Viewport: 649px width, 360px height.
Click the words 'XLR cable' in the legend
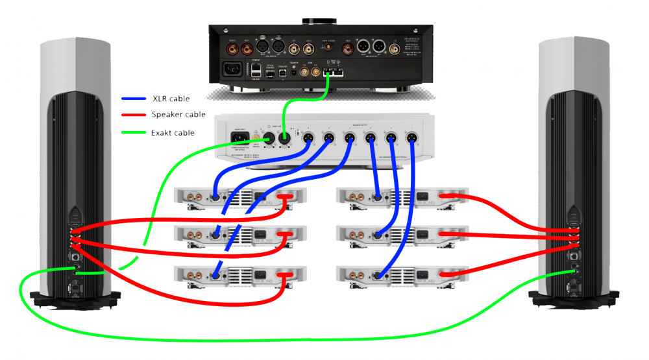tap(171, 99)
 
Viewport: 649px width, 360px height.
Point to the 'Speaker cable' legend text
tap(178, 115)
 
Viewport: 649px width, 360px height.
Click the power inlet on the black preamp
tap(232, 69)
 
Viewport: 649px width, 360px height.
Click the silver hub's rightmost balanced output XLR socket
tap(410, 137)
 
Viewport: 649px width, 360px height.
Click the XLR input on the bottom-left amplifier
tap(215, 276)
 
